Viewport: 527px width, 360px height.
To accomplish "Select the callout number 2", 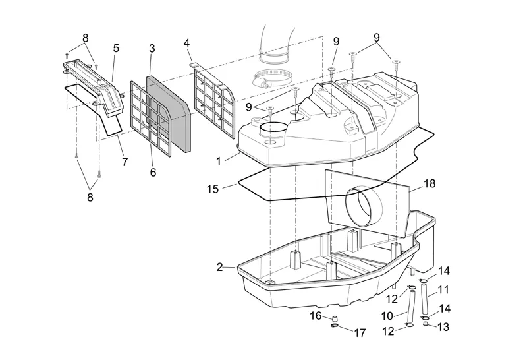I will (x=220, y=267).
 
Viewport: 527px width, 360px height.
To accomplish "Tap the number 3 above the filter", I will (x=152, y=49).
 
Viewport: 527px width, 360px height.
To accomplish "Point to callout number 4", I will (x=187, y=44).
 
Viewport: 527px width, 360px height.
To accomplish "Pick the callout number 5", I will (x=116, y=48).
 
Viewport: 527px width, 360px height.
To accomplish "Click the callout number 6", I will (x=153, y=172).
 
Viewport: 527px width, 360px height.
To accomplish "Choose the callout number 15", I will (x=213, y=189).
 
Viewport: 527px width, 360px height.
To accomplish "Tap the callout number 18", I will (x=430, y=185).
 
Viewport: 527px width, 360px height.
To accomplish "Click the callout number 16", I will (x=316, y=316).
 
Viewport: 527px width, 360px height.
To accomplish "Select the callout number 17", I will (x=360, y=333).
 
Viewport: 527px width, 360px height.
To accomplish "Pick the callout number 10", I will (x=386, y=315).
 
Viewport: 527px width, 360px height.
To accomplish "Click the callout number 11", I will (x=443, y=289).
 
